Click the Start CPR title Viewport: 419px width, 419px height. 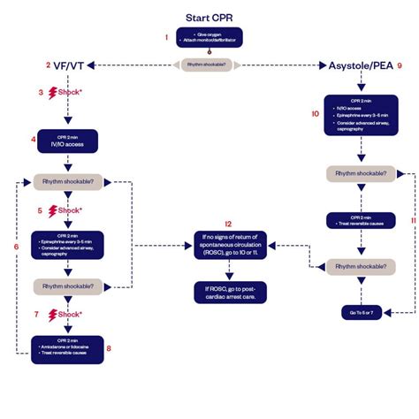click(x=209, y=19)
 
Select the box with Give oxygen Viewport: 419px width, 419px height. click(x=209, y=38)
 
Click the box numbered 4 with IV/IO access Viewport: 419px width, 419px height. click(x=67, y=140)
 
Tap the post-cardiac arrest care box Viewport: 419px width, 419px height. click(x=230, y=293)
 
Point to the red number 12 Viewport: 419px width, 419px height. click(x=229, y=224)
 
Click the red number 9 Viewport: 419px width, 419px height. click(x=400, y=65)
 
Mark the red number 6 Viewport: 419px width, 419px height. click(x=16, y=245)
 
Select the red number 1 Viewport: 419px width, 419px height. click(x=165, y=37)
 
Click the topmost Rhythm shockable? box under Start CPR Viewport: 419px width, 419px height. click(x=209, y=65)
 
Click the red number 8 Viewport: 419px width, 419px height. click(x=108, y=348)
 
